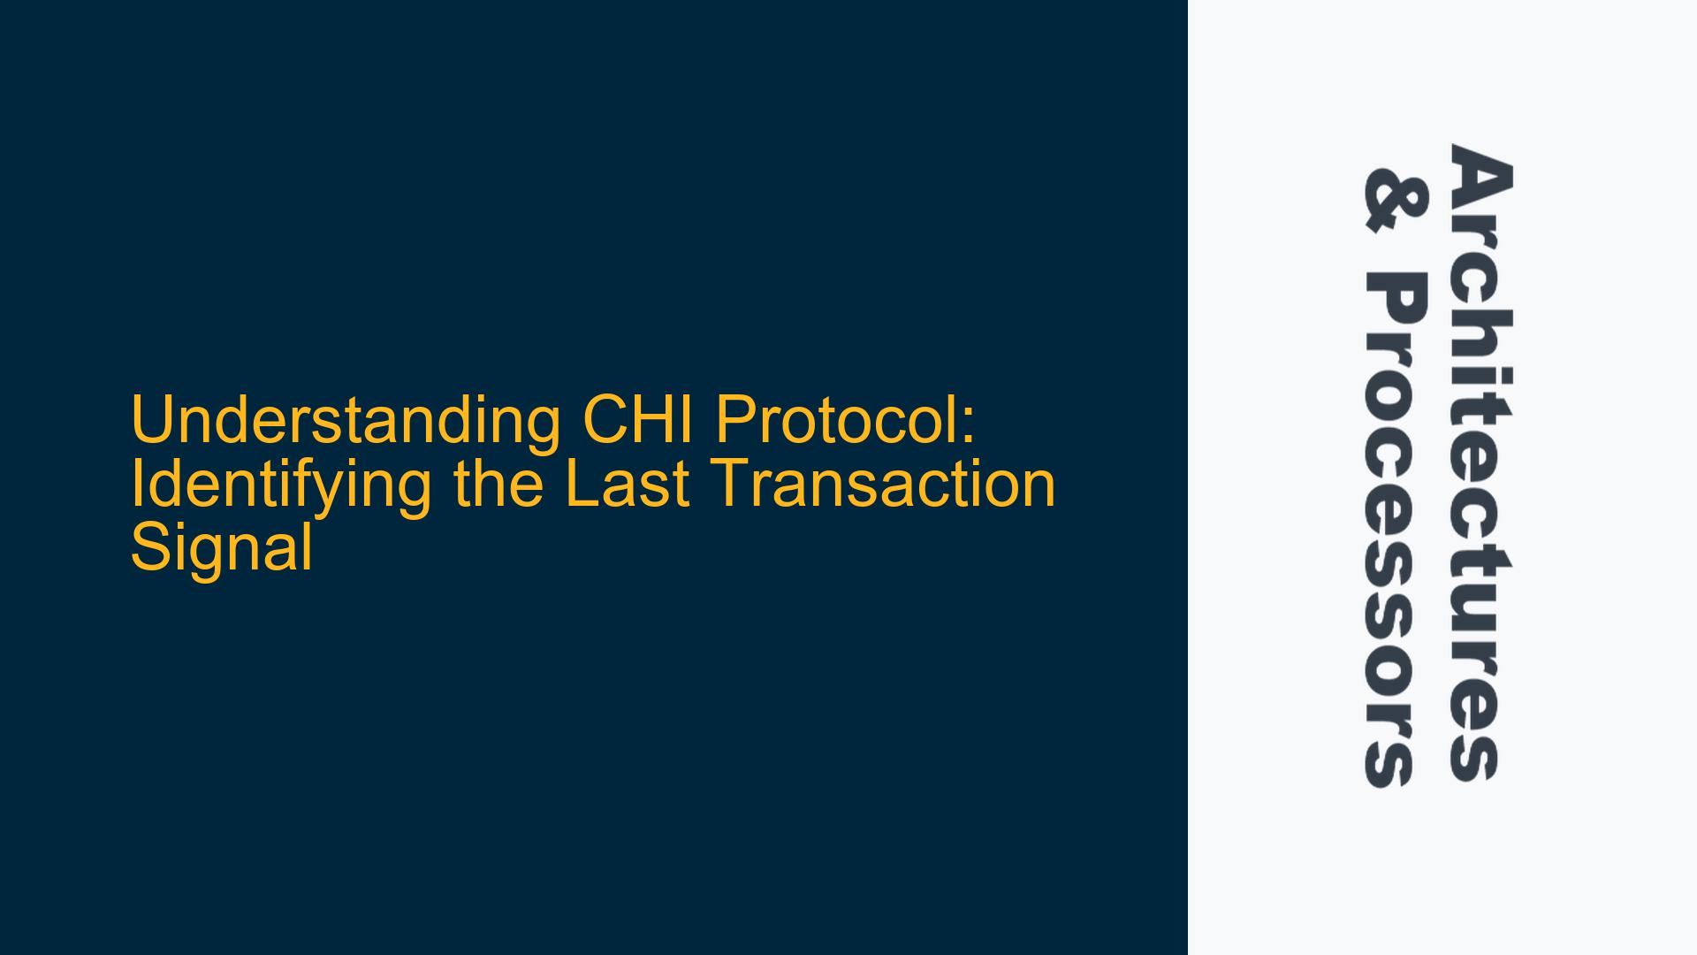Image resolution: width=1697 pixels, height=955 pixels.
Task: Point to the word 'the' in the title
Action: tap(497, 484)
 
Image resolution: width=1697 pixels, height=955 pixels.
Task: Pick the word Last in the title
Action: tap(628, 484)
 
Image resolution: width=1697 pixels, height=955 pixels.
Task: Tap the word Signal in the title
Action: tap(222, 548)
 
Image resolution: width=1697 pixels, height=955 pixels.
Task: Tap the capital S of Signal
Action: tap(152, 548)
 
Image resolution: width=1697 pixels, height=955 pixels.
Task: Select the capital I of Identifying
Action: tap(136, 484)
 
